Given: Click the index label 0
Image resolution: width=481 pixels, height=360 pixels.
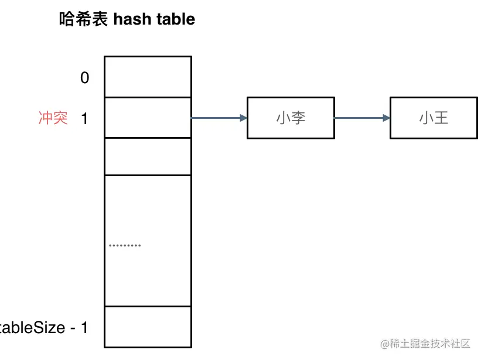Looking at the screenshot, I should (x=85, y=77).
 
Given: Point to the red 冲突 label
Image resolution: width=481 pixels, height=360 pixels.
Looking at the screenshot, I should (x=53, y=118).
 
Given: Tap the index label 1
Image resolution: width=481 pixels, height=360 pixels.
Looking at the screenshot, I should (x=84, y=118).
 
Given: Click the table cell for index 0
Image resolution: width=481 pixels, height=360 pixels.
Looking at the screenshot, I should (x=148, y=77).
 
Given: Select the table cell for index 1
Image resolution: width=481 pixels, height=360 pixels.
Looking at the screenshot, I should (x=148, y=118).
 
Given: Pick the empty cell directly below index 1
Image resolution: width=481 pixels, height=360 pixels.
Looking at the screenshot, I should (x=148, y=156).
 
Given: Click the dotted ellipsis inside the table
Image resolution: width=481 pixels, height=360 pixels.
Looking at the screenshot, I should (x=125, y=245).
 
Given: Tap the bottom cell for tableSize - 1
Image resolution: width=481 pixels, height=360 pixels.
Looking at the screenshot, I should (x=148, y=327).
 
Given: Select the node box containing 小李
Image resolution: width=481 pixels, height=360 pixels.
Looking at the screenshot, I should (x=291, y=118).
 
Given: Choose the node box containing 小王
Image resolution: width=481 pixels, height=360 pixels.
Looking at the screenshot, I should (x=434, y=118).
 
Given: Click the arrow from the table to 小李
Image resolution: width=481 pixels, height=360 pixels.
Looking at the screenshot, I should (x=219, y=118).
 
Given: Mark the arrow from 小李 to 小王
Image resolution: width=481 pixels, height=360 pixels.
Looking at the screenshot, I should (x=361, y=118).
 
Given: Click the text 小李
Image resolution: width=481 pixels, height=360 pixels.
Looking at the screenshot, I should (x=291, y=118).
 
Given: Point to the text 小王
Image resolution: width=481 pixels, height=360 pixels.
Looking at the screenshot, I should (x=434, y=118).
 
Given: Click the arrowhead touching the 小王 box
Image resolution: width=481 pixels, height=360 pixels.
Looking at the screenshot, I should (x=386, y=118).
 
